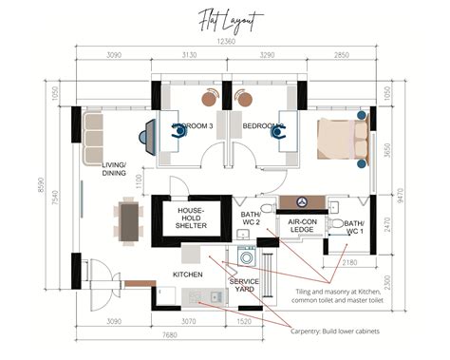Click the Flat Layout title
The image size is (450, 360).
coord(224,15)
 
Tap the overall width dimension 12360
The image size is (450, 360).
coord(224,43)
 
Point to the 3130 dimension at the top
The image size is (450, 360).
coord(190,56)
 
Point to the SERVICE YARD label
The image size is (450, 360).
coord(245,286)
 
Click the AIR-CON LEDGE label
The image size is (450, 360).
coord(302,227)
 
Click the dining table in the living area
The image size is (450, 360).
coord(127,221)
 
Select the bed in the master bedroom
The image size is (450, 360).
coord(338,136)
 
